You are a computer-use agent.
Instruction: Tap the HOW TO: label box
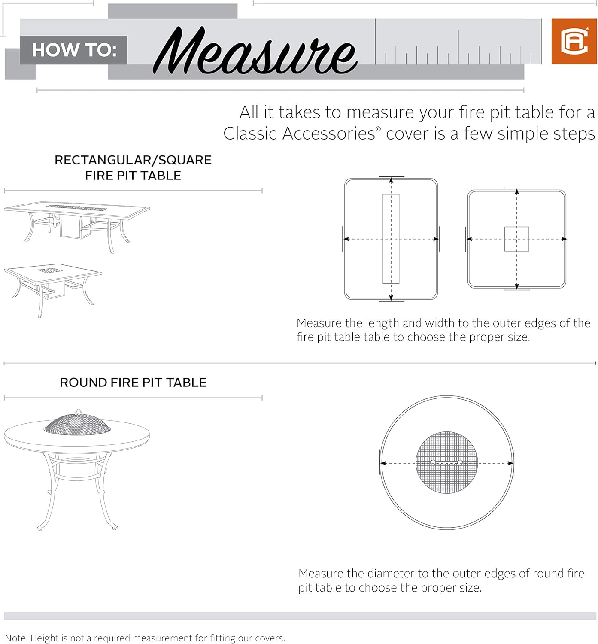tap(74, 50)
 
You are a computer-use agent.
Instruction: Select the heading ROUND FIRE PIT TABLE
tap(133, 383)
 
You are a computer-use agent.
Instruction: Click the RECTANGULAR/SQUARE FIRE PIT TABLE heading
tap(133, 167)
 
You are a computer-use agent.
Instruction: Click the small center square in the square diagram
tap(517, 239)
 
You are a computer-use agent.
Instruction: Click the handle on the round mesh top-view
tap(446, 463)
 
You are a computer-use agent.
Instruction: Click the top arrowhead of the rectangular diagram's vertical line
tap(391, 180)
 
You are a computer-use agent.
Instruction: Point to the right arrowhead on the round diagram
tap(510, 463)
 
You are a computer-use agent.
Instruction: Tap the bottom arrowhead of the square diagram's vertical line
tap(517, 286)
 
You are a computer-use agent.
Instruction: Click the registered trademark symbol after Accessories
tap(378, 129)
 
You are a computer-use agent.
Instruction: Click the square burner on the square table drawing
tap(51, 271)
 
